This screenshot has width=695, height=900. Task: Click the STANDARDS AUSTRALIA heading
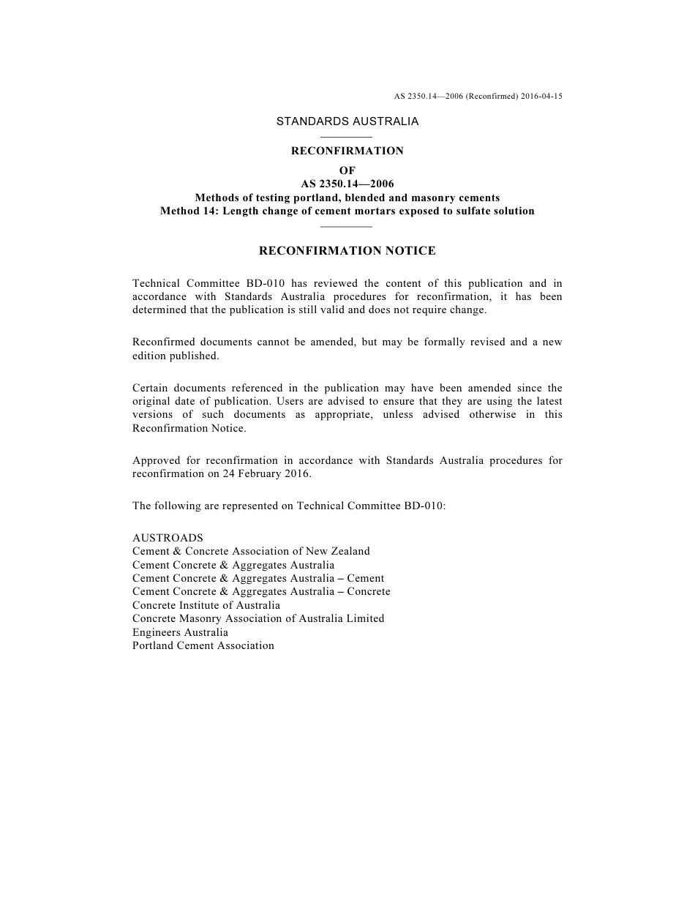[347, 121]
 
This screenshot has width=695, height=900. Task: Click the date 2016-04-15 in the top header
[542, 96]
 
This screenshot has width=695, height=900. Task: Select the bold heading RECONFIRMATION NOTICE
[347, 251]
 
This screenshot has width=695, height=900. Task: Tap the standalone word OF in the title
[347, 170]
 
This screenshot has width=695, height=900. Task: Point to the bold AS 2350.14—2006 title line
[347, 184]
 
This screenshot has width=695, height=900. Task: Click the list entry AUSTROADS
[168, 538]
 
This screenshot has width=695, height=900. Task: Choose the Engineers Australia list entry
[180, 632]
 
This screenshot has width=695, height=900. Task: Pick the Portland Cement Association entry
[203, 645]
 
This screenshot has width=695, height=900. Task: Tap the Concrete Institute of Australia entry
[206, 605]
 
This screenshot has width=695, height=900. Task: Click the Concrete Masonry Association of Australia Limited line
[258, 618]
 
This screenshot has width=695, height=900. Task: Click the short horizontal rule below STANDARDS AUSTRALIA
[347, 137]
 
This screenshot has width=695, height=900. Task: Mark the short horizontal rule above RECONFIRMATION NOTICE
[347, 227]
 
